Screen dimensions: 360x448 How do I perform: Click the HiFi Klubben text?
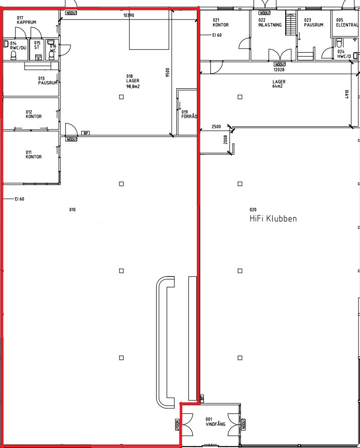point(273,219)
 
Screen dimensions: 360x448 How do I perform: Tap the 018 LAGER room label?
point(133,81)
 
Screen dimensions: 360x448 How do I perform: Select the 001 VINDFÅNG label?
point(215,422)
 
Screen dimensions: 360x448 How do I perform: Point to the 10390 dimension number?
point(129,16)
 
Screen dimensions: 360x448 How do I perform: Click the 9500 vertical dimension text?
point(168,73)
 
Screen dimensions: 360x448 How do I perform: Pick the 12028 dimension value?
point(279,69)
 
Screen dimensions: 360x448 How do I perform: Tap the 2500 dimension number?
point(216,126)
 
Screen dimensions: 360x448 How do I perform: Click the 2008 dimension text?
point(225,139)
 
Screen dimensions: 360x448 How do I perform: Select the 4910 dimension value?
point(347,94)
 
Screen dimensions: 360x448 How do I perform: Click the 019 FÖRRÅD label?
point(189,114)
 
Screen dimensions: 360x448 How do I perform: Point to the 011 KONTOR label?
point(34,155)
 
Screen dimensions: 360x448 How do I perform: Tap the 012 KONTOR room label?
point(34,114)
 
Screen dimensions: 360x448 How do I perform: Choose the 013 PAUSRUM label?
point(48,81)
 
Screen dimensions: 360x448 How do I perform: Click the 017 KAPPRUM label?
point(26,20)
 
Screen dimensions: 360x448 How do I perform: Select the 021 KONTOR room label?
point(220,23)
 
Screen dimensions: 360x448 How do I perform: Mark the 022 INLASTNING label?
point(270,23)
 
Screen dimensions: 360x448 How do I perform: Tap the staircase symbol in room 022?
point(291,23)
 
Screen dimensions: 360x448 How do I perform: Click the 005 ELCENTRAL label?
point(347,23)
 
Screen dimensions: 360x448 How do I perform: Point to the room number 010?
point(72,210)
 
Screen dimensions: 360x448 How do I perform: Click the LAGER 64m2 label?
point(279,84)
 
